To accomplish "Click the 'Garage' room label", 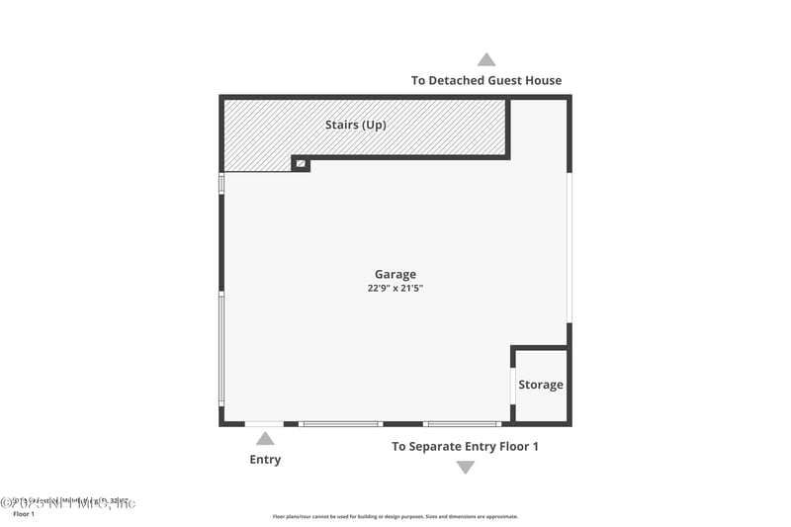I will pos(395,274).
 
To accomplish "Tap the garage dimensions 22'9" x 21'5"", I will pos(395,289).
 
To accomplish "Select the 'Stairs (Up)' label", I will pos(355,126).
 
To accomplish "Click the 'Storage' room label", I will pos(541,385).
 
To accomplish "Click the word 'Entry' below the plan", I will pos(265,459).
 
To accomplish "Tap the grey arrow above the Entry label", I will pos(265,438).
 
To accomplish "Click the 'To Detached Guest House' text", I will pos(485,80).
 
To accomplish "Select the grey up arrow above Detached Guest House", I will pos(485,59).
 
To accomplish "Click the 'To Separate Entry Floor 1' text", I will pos(465,446).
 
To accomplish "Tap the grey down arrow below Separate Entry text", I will pos(465,468).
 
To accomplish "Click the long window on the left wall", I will pos(221,347).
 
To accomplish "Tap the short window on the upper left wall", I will pos(221,184).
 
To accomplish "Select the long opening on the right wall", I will pos(569,247).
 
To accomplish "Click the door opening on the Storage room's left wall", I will pos(512,385).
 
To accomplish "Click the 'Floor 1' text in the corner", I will pos(24,514).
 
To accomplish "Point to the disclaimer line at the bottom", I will pos(395,516).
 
